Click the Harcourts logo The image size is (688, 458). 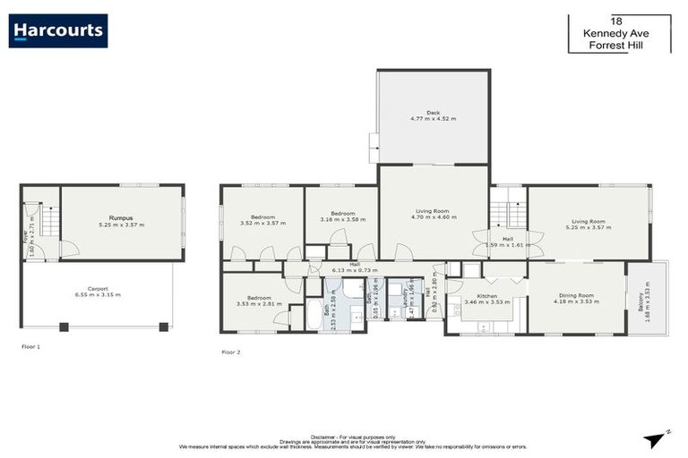coord(58,30)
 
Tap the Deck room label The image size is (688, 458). coord(433,113)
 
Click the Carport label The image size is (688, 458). coord(98,288)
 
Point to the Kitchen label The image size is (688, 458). coord(486,295)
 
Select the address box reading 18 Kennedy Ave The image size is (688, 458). coord(618,33)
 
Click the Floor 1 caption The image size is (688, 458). coord(32,345)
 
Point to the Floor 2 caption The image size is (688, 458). coord(232,352)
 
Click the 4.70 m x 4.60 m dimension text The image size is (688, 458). coord(434,217)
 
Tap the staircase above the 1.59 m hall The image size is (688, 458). coord(507,214)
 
